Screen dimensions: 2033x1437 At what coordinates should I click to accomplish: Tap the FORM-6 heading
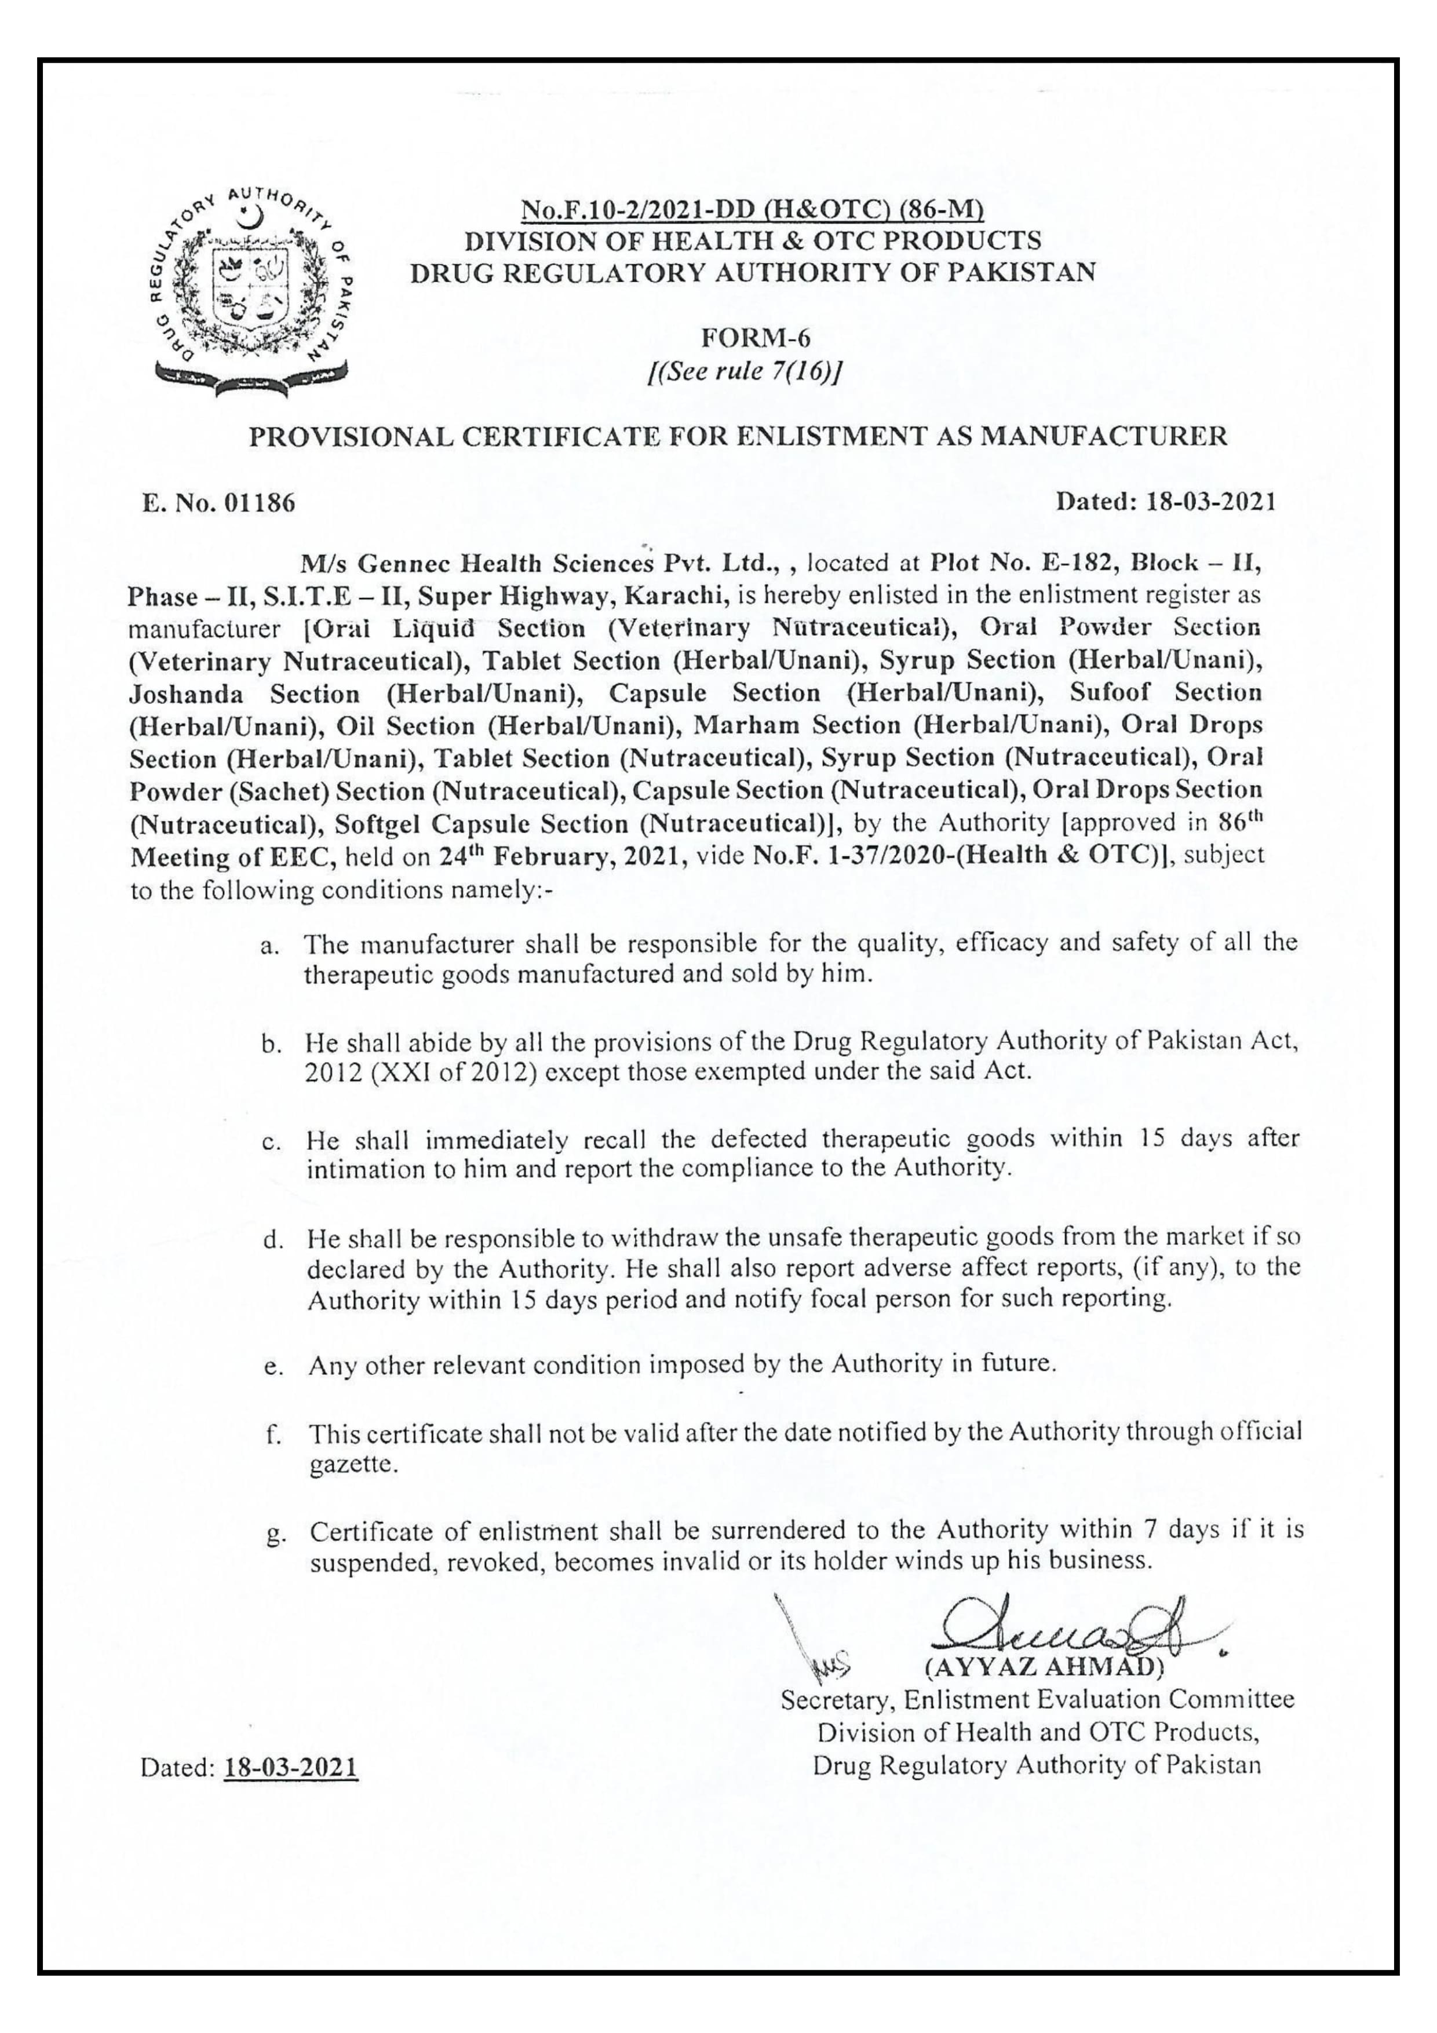tap(754, 338)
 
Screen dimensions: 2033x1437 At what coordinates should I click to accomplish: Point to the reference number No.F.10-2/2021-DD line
tap(753, 211)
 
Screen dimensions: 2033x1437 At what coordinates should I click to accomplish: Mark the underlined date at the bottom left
tap(291, 1768)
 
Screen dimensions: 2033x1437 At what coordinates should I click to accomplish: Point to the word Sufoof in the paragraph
tap(1113, 694)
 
